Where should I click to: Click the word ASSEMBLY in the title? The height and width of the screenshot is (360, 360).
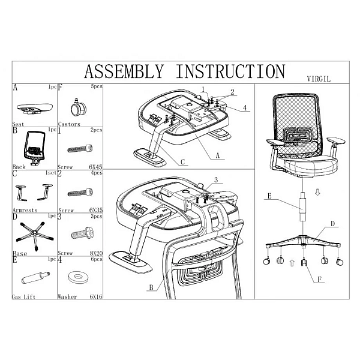tap(124, 71)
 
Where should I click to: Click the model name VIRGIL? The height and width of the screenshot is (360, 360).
tap(319, 79)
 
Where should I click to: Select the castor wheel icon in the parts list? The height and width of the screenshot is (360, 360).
tap(78, 108)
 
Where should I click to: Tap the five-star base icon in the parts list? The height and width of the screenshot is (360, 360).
tap(34, 235)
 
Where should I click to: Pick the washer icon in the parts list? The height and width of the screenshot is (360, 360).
tap(78, 275)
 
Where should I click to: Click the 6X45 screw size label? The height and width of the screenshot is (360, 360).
tap(96, 167)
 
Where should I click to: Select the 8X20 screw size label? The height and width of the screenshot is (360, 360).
tap(96, 253)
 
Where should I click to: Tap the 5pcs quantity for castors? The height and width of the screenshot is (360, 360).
tap(97, 86)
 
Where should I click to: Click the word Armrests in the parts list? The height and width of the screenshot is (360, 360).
tap(25, 210)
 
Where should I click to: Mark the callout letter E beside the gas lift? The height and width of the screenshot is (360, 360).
tap(269, 196)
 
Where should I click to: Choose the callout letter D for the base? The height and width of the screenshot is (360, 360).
tap(333, 223)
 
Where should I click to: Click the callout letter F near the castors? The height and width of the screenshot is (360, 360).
tap(319, 280)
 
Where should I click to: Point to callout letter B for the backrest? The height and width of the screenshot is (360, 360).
tap(151, 287)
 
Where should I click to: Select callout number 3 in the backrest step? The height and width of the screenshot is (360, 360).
tap(216, 180)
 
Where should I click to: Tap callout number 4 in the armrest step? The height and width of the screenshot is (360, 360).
tap(245, 107)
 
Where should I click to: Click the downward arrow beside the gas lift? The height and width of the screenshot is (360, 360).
tap(317, 193)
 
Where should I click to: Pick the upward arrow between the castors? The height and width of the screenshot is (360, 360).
tap(292, 263)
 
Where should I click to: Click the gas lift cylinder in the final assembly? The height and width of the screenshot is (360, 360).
tap(303, 206)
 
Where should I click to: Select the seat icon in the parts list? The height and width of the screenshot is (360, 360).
tap(35, 109)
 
